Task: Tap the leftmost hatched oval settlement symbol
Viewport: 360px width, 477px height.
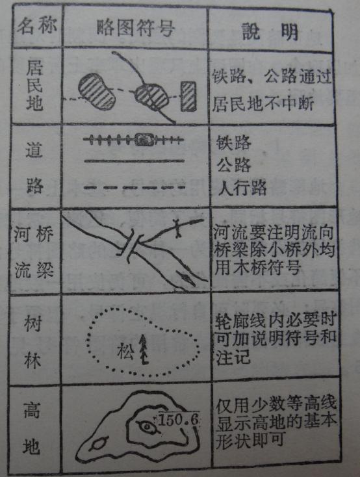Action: pyautogui.click(x=98, y=91)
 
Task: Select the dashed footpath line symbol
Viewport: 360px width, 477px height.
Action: pyautogui.click(x=134, y=188)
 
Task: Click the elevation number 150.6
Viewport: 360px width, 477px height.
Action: pyautogui.click(x=177, y=419)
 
